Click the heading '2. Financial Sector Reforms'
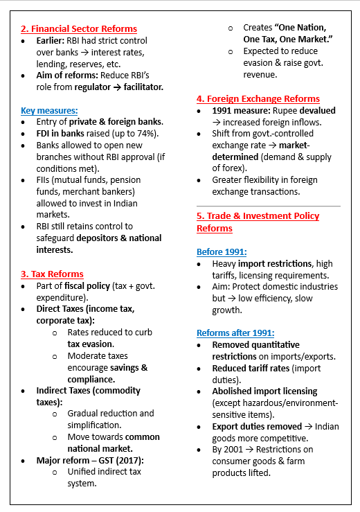click(x=79, y=29)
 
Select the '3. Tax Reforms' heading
click(x=53, y=274)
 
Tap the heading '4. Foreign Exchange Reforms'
click(x=258, y=99)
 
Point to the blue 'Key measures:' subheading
click(x=49, y=110)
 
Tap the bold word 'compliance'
click(x=90, y=379)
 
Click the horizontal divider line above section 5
click(x=269, y=206)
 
